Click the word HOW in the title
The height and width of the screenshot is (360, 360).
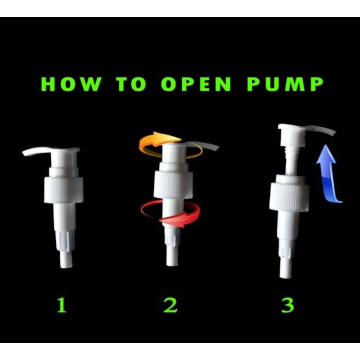(71, 84)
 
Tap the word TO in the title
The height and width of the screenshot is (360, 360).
(131, 84)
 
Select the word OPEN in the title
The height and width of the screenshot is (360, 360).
(196, 84)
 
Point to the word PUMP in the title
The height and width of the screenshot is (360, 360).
(285, 84)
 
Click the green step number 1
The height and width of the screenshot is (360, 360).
(62, 305)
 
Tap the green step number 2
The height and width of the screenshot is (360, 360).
(171, 305)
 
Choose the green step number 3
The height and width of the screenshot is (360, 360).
(288, 305)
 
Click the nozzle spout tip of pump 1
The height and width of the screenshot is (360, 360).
(24, 153)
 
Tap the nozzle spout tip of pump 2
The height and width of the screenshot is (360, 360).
(217, 148)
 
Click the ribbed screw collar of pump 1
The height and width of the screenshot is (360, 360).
(63, 190)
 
